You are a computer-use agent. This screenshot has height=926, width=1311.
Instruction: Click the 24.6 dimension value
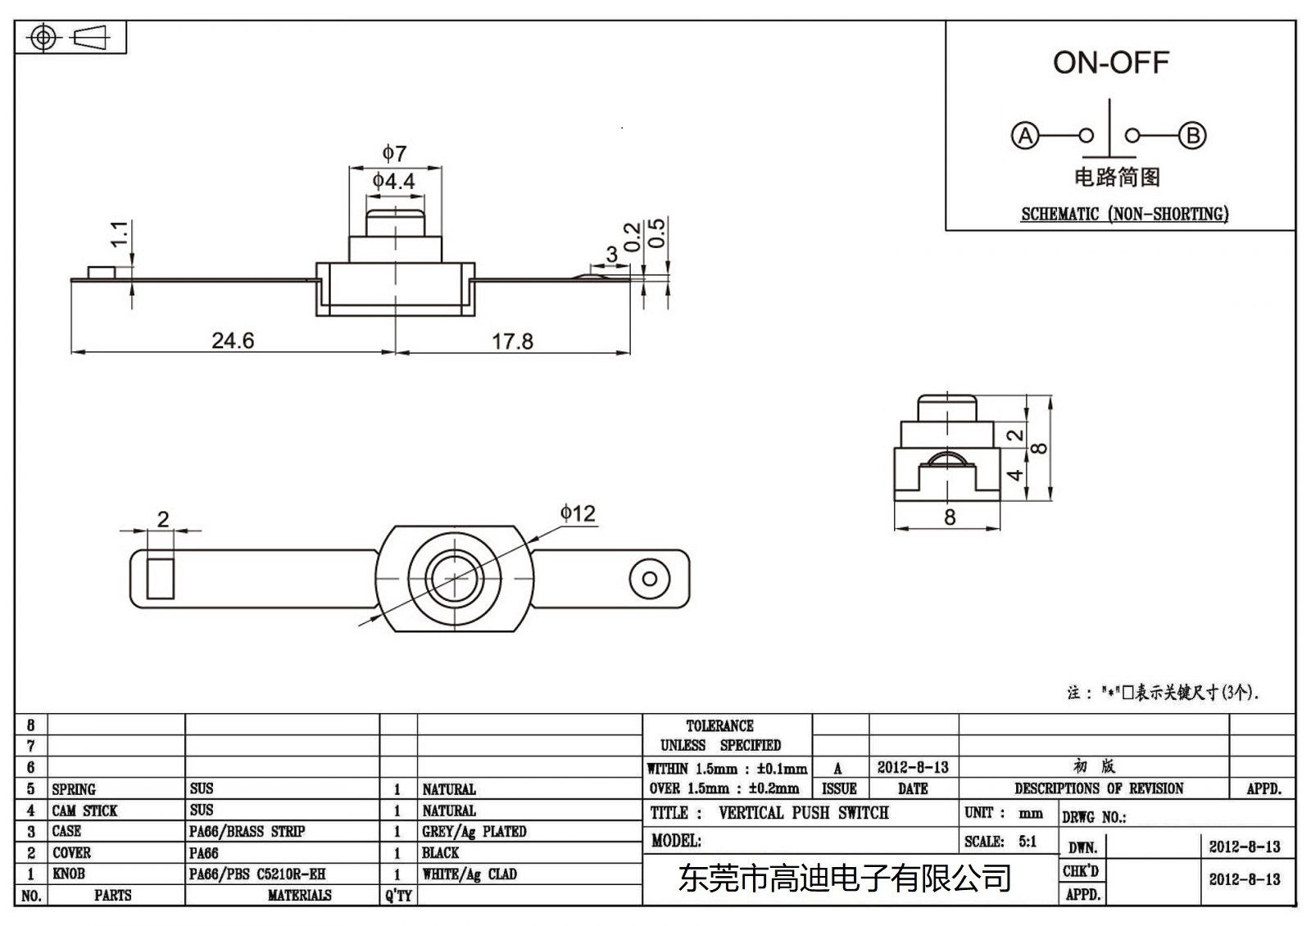coord(233,341)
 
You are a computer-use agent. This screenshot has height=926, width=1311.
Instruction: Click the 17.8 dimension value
coord(512,341)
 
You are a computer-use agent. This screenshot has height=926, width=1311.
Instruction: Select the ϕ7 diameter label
coord(394,153)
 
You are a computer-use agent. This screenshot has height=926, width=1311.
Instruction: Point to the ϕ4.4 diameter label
coord(394,181)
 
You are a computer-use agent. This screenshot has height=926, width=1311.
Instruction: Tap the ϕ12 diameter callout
coord(578,513)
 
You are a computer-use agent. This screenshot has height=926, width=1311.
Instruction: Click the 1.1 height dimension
coord(120,234)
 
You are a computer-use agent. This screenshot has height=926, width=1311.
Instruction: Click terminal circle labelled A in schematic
coord(1024,135)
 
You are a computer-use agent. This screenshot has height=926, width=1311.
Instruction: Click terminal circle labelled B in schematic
coord(1192,135)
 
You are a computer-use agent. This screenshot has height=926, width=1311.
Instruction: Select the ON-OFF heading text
coord(1110,62)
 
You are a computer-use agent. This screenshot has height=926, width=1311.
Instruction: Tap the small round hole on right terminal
coord(650,579)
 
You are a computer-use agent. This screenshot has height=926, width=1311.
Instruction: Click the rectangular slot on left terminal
coord(161,578)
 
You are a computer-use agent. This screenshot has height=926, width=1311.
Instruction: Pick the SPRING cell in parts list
coord(74,789)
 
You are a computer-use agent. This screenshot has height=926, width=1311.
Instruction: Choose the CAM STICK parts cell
coord(84,811)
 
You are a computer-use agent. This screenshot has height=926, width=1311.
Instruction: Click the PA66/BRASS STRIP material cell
coord(247,832)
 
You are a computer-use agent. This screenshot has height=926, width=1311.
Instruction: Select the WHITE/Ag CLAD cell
coord(470,874)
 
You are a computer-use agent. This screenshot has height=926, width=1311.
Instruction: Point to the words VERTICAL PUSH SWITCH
coord(803,813)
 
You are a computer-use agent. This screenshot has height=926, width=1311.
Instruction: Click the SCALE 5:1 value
coord(1027,842)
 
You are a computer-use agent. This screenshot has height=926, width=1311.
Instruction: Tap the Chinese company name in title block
coord(844,879)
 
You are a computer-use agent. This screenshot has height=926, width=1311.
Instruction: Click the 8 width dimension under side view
coord(949,517)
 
